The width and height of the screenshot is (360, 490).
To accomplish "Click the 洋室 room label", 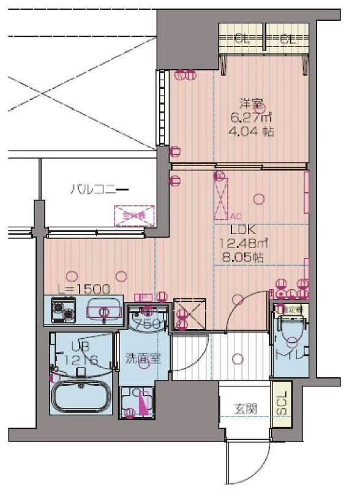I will pos(251,104).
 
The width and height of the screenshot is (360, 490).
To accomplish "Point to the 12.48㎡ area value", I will pos(241,244).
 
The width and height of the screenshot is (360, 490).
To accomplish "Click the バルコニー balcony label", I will pos(98,189).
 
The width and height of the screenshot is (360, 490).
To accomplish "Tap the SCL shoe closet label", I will pos(280,404).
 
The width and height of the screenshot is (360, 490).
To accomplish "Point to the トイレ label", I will pos(291,354).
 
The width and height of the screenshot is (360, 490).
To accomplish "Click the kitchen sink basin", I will pos(105,309).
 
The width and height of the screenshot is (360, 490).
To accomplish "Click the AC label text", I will pos(236,217).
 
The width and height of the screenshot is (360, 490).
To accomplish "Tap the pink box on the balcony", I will pos(133,216).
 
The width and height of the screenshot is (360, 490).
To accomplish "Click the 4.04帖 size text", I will pos(252,132).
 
